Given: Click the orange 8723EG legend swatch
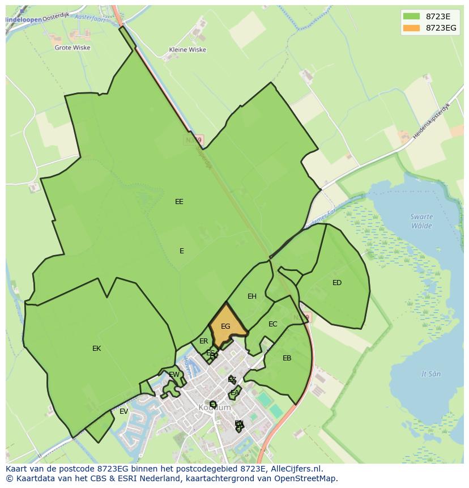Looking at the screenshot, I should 412,28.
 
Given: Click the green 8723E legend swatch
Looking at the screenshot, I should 412,16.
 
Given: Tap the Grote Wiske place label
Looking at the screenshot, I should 72,48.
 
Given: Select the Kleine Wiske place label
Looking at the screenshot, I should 187,50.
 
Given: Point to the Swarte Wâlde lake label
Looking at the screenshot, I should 421,221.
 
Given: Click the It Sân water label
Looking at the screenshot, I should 431,374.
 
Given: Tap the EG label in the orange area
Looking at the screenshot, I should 225,326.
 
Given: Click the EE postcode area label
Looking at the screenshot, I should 179,201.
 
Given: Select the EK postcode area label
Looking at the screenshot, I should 96,349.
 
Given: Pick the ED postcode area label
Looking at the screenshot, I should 337,283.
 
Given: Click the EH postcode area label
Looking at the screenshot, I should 252,296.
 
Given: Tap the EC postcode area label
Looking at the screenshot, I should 273,324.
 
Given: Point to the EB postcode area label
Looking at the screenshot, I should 287,358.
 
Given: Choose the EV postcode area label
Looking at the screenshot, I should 123,411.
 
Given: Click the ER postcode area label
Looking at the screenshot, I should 203,341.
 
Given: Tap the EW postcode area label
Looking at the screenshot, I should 174,375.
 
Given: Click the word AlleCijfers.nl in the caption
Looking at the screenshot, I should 295,469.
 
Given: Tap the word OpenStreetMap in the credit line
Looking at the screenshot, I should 308,478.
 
